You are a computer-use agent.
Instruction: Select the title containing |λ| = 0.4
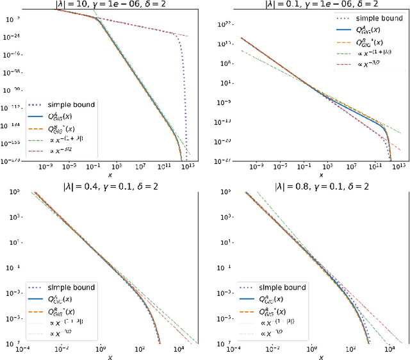tap(104, 186)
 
